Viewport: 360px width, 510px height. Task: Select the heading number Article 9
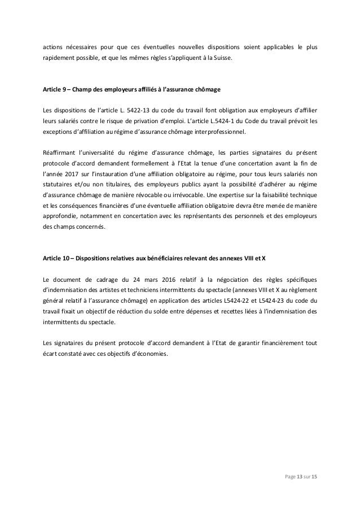[56, 90]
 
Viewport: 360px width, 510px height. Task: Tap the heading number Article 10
[58, 258]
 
